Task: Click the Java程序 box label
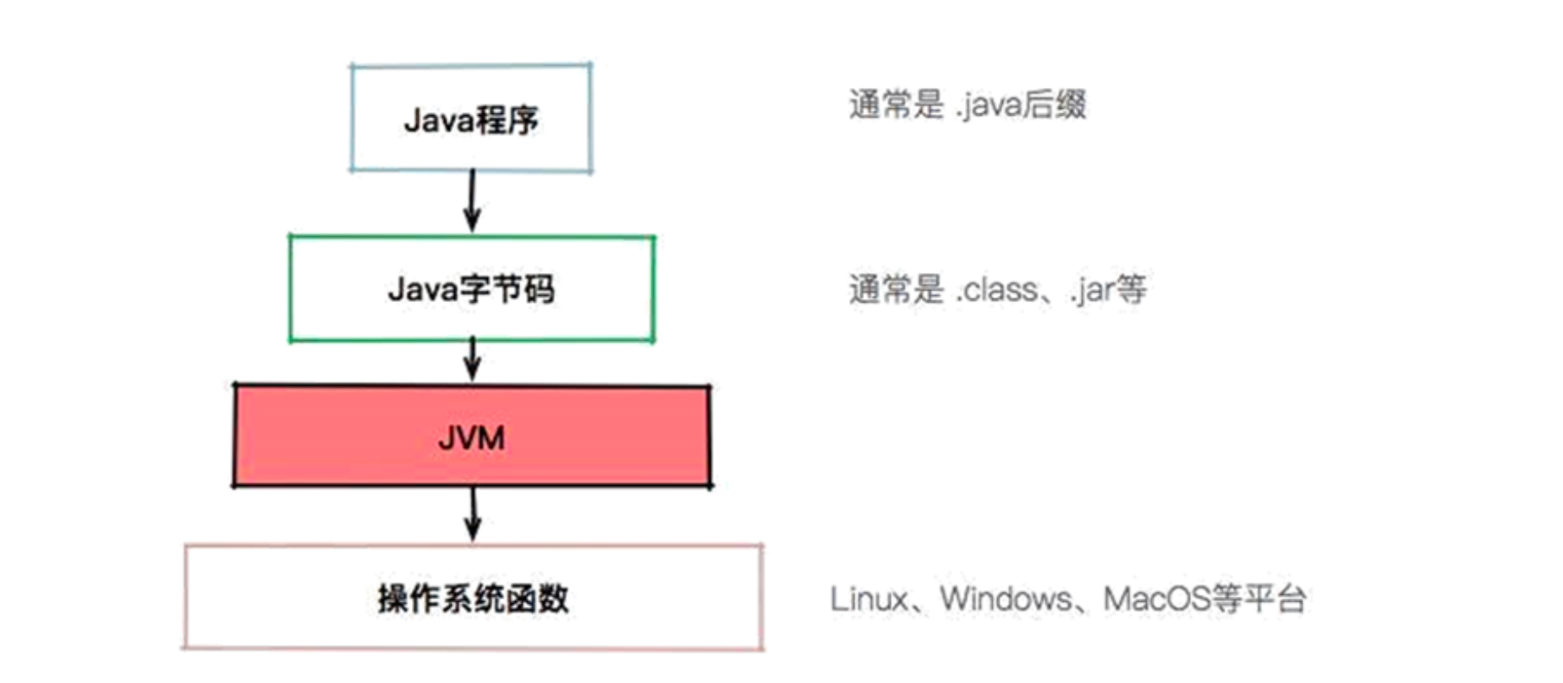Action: point(471,120)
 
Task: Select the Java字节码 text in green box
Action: point(471,289)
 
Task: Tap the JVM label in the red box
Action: point(471,438)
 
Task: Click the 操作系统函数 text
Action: point(473,598)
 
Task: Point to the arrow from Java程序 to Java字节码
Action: point(472,201)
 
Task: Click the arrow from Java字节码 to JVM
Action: point(473,360)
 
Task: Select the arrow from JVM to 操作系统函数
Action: point(474,514)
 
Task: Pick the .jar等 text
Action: point(1109,290)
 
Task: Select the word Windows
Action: point(1006,599)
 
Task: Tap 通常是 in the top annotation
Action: point(895,106)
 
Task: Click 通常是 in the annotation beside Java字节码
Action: point(895,290)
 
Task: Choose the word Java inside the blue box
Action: point(437,120)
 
